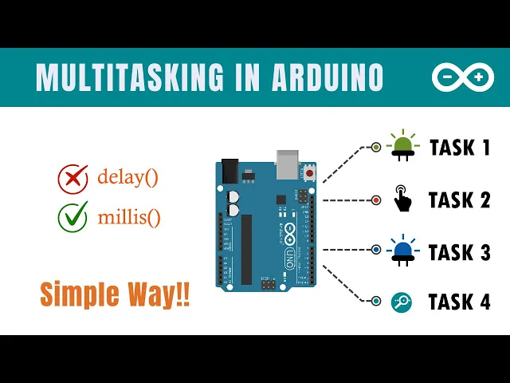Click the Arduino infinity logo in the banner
tap(462, 77)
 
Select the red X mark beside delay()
tap(73, 178)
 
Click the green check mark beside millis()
tap(73, 216)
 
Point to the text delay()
tap(127, 177)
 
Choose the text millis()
tap(128, 215)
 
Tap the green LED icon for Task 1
tap(402, 144)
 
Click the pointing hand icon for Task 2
tap(402, 199)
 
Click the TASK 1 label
tap(460, 148)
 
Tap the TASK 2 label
tap(460, 199)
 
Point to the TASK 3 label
tap(460, 252)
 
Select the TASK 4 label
tap(460, 302)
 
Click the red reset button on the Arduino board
tap(308, 172)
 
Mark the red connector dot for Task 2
tap(376, 199)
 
